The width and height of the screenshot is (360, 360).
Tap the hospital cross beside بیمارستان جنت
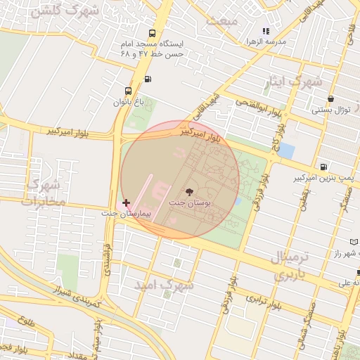(126, 202)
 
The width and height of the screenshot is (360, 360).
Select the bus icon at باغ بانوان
(127, 91)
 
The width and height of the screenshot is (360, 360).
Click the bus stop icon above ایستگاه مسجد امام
(153, 33)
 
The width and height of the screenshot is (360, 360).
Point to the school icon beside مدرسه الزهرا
(266, 31)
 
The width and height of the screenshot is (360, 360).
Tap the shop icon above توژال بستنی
(331, 99)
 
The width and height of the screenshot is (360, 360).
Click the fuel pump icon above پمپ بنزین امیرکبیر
(323, 167)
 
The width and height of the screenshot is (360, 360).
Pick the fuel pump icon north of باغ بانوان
(147, 79)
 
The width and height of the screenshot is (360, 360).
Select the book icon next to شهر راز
(353, 242)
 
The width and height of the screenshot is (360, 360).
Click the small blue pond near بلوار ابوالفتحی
(287, 150)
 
